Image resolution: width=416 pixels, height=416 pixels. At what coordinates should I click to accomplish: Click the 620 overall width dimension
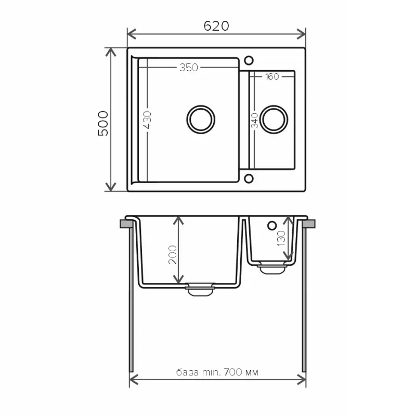216,26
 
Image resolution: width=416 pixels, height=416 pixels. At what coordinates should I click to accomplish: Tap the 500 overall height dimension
103,123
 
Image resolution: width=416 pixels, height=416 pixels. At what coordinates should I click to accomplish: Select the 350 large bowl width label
189,68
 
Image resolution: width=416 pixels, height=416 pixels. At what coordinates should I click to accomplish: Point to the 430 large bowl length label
147,120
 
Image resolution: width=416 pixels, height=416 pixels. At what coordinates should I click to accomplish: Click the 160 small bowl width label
272,76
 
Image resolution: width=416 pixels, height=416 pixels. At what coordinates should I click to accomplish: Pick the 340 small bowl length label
255,120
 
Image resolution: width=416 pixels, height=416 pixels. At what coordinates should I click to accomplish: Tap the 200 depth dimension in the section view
173,255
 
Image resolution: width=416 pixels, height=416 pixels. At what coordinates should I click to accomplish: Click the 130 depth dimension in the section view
281,238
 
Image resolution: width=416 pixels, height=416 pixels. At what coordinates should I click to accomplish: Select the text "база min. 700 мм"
217,372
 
